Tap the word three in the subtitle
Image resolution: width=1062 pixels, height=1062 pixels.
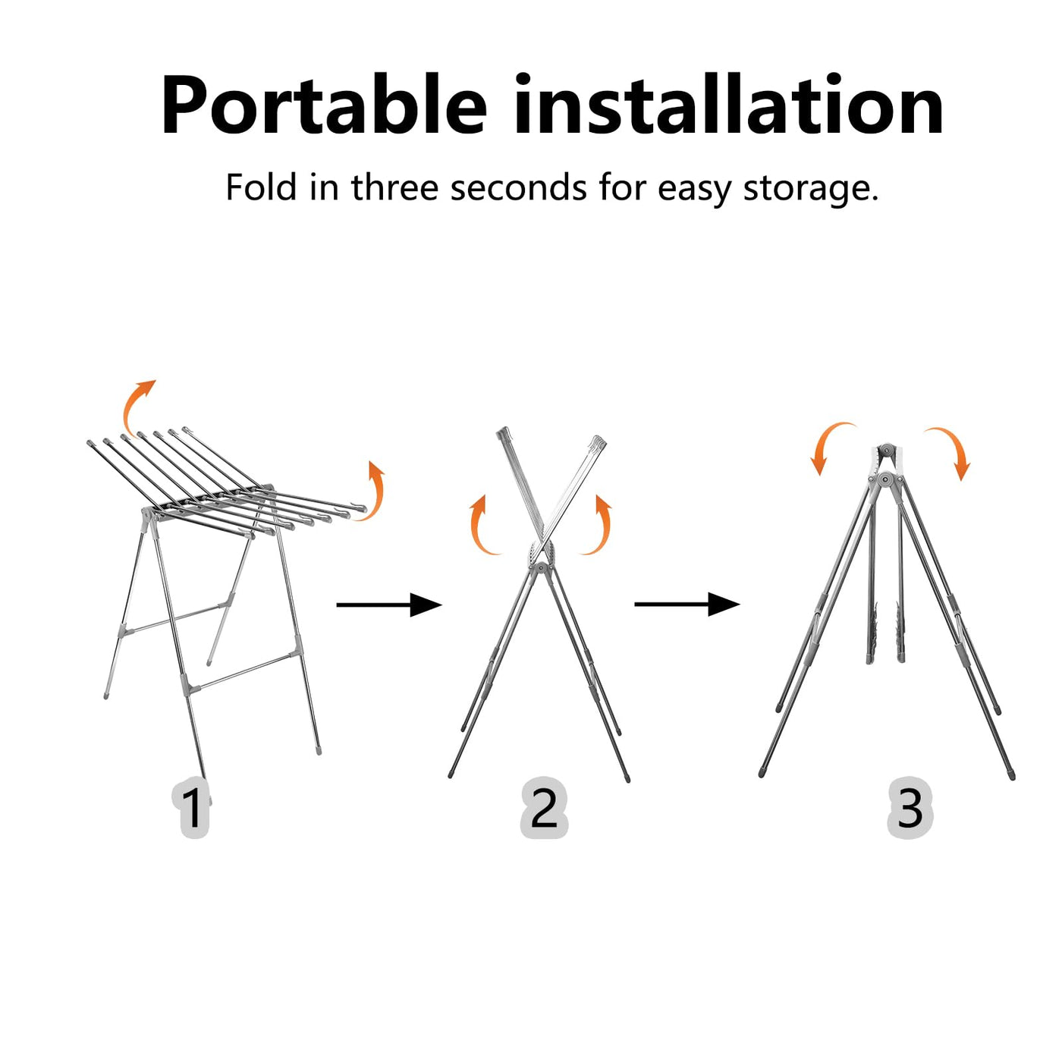click(x=394, y=187)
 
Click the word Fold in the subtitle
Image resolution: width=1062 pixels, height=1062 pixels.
click(x=261, y=187)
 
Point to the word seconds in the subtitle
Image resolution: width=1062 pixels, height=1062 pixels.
click(x=518, y=187)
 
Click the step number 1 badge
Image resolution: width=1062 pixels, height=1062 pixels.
click(x=193, y=808)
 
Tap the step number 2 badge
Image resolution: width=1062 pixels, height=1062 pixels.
click(x=544, y=808)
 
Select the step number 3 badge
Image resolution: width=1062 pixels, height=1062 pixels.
click(x=910, y=808)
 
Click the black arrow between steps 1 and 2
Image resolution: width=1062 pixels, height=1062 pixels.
click(x=388, y=605)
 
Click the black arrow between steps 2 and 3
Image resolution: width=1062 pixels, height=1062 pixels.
click(x=687, y=605)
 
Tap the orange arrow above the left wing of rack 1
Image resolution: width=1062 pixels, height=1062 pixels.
click(x=137, y=406)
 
